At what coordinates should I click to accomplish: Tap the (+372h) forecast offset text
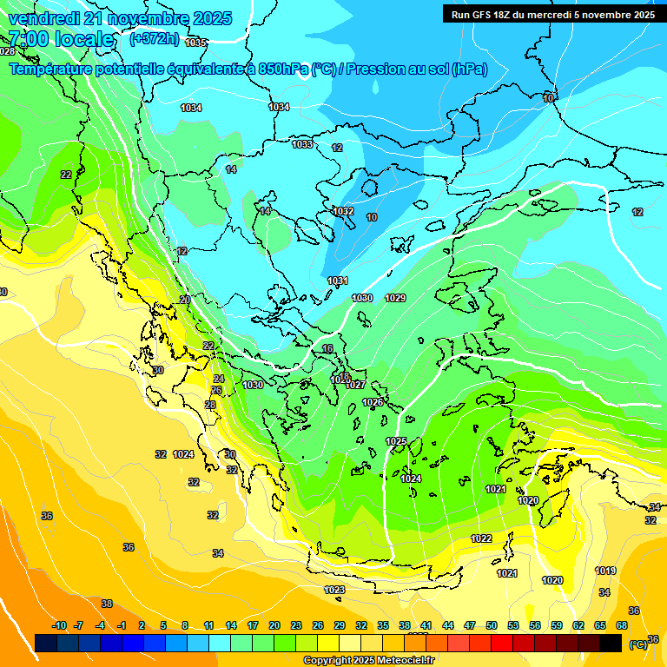click(x=154, y=39)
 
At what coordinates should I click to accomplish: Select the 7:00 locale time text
click(x=61, y=39)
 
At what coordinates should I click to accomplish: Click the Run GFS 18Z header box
click(x=553, y=14)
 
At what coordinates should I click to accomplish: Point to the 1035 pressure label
click(x=196, y=43)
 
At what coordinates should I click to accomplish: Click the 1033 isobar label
click(x=302, y=144)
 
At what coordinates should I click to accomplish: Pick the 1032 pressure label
click(x=343, y=211)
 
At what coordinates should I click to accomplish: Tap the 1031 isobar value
click(x=338, y=281)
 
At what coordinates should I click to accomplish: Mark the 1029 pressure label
click(x=395, y=298)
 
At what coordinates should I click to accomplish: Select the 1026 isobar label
click(x=373, y=402)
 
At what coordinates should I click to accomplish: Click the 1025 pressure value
click(x=396, y=441)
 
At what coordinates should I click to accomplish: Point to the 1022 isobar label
click(x=481, y=538)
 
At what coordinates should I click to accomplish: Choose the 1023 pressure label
click(x=334, y=590)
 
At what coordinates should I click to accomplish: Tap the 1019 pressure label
click(x=605, y=571)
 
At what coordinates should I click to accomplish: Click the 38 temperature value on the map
click(x=107, y=603)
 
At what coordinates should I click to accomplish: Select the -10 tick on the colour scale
click(x=59, y=625)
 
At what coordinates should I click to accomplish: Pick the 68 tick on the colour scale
click(x=622, y=625)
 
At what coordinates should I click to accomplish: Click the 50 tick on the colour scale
click(x=492, y=625)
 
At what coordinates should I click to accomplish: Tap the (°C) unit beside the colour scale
click(x=637, y=644)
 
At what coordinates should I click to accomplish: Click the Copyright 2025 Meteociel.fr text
click(x=368, y=661)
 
